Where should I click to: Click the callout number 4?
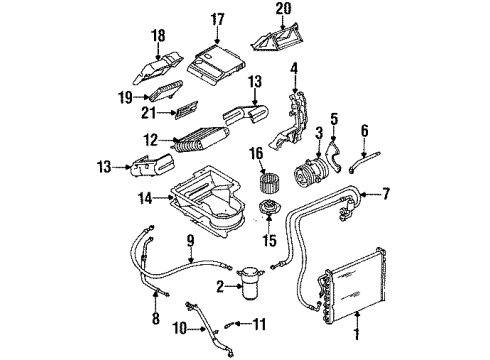pos(293,68)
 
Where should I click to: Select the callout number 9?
pos(188,239)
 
